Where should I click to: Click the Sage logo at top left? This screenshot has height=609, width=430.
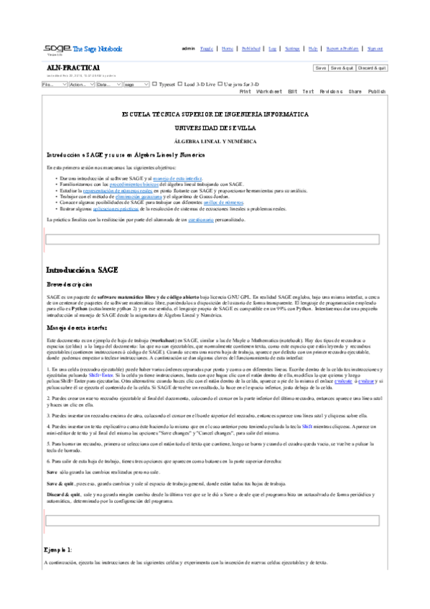(57, 48)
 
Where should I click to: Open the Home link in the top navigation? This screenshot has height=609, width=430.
(227, 48)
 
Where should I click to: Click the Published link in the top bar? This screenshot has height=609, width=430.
(251, 48)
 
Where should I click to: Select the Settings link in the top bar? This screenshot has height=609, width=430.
(292, 48)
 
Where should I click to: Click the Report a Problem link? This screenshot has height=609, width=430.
(342, 48)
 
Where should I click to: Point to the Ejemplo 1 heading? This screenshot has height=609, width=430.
(58, 549)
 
